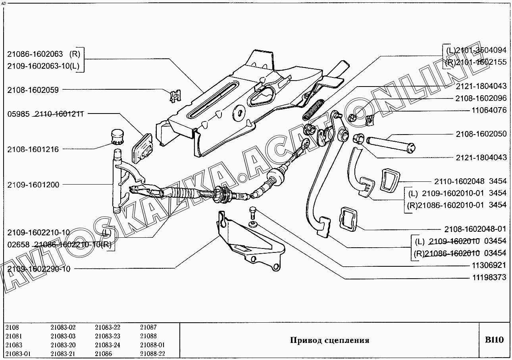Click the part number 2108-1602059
click(x=33, y=90)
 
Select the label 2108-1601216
click(x=33, y=150)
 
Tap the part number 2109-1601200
click(x=33, y=185)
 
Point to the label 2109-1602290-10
click(x=38, y=269)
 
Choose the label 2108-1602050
click(x=481, y=134)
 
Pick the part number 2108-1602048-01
click(x=475, y=229)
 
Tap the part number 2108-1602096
click(x=481, y=98)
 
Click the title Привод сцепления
click(x=329, y=340)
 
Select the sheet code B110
click(x=494, y=340)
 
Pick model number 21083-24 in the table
click(x=107, y=345)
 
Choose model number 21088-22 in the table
click(x=152, y=354)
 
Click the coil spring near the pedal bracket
click(x=314, y=110)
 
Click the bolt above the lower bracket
click(x=253, y=214)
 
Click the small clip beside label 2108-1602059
click(x=174, y=95)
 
